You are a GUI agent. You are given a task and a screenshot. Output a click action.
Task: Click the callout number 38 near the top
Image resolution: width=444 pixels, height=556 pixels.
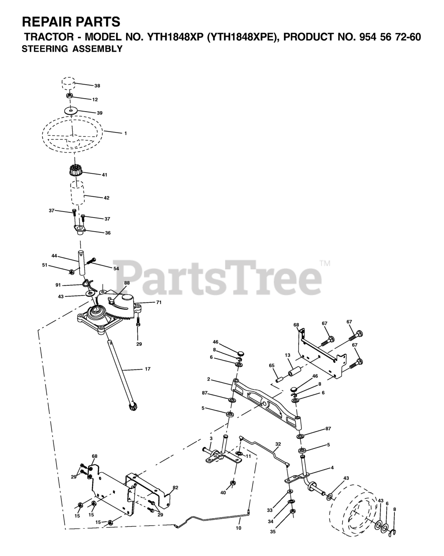[97, 86]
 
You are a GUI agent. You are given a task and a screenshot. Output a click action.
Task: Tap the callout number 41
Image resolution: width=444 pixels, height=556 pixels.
[104, 175]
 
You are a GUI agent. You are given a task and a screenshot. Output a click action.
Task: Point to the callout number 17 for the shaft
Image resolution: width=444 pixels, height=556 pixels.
[147, 369]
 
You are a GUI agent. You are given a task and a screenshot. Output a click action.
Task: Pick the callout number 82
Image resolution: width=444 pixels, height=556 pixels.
[175, 488]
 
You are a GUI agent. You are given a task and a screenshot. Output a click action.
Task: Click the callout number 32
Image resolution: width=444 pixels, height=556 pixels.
[278, 444]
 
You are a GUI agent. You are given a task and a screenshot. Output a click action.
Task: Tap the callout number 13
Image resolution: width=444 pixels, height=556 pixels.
[287, 355]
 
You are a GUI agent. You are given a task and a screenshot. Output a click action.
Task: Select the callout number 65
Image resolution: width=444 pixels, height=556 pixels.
[272, 366]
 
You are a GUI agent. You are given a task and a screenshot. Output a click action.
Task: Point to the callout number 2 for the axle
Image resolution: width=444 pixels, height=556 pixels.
[209, 379]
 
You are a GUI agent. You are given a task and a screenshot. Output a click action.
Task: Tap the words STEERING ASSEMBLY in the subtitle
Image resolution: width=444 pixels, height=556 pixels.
[72, 49]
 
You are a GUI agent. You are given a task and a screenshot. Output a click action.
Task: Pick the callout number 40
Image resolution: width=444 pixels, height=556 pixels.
[223, 493]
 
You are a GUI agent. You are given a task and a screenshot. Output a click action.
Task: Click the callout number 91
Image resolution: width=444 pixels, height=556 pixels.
[58, 285]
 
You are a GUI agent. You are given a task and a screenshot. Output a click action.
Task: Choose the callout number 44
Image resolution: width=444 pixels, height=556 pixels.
[54, 256]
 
